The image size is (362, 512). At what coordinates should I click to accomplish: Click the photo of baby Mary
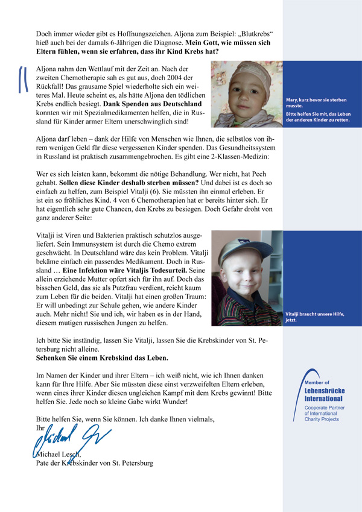(247, 95)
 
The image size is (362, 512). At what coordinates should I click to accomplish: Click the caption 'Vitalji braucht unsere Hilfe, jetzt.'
(313, 317)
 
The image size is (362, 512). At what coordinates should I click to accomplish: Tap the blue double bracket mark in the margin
(24, 78)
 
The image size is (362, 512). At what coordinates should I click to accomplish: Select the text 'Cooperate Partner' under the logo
(323, 409)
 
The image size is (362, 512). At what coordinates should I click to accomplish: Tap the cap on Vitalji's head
(241, 247)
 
